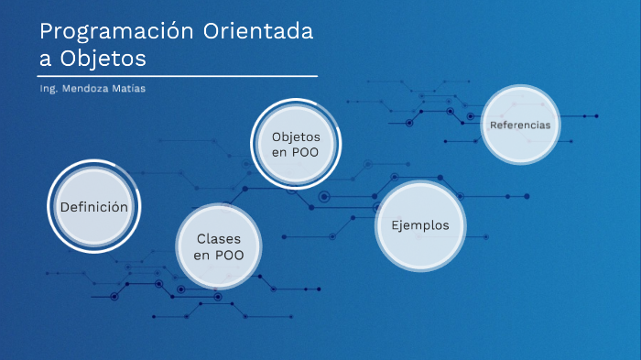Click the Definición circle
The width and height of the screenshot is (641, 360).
click(x=92, y=207)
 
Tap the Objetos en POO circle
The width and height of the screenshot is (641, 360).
click(x=295, y=143)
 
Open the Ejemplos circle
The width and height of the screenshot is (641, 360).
click(x=419, y=225)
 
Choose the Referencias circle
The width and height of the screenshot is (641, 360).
click(x=519, y=125)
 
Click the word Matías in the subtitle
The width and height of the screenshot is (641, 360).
click(x=128, y=89)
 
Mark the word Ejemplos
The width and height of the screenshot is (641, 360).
click(x=419, y=225)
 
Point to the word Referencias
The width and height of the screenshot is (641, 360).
click(x=519, y=125)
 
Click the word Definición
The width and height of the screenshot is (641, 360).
click(x=92, y=207)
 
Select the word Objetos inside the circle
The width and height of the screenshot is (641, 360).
click(x=295, y=136)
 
